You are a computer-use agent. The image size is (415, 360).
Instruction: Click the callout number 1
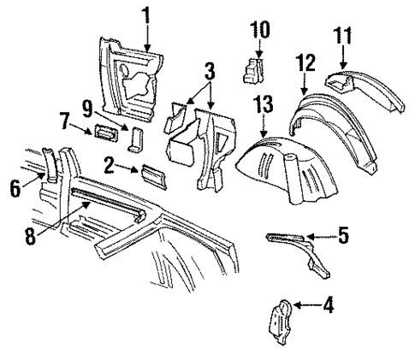[x=146, y=15]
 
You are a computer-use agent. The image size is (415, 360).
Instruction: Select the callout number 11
[x=341, y=37]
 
